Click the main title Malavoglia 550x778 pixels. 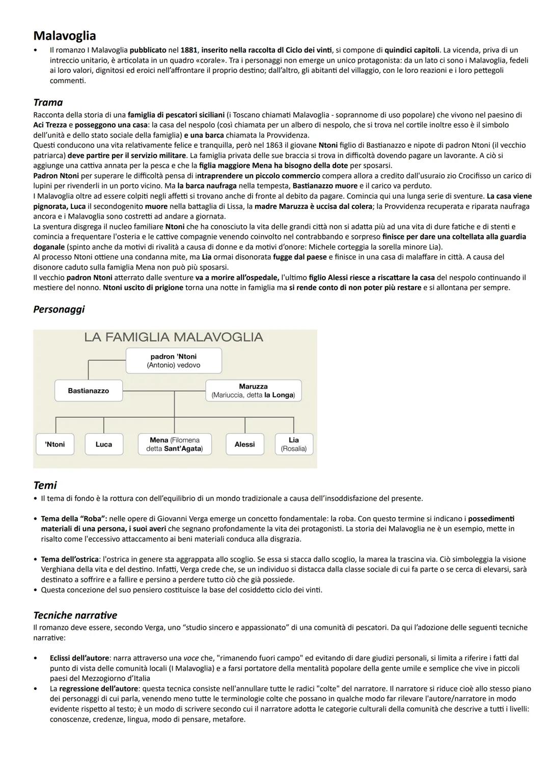[64, 36]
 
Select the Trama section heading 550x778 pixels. [48, 102]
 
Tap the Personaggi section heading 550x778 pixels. [59, 309]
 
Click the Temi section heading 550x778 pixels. [45, 485]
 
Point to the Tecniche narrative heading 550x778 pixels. [75, 615]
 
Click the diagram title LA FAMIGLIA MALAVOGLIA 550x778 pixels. [174, 337]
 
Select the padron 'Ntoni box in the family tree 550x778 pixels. [174, 361]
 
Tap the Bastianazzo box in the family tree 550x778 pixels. [89, 391]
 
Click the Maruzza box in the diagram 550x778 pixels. [253, 391]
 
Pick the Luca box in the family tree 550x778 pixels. [104, 444]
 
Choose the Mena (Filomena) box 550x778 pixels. [175, 444]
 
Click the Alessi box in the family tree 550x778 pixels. [244, 444]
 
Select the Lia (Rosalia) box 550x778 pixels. [294, 444]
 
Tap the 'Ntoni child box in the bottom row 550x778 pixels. [55, 444]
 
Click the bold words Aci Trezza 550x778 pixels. [50, 125]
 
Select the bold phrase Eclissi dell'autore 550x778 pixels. [79, 658]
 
